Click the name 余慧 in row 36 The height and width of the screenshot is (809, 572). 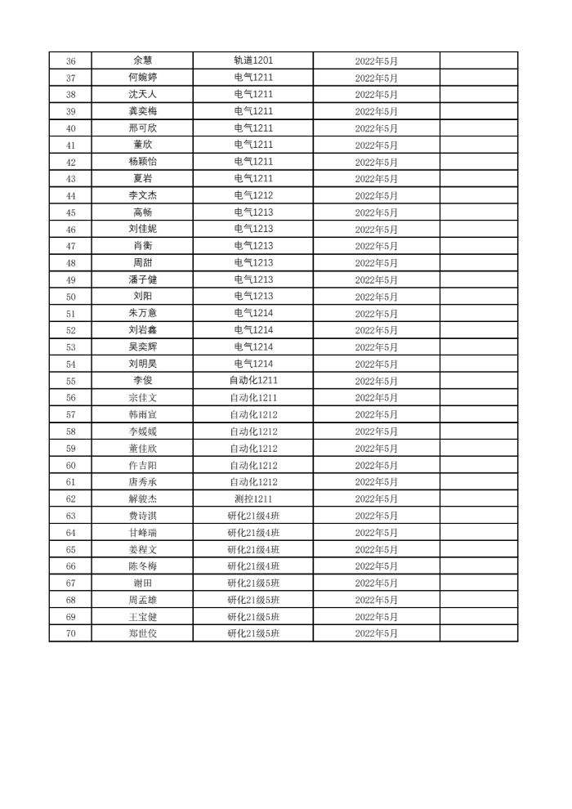click(x=142, y=60)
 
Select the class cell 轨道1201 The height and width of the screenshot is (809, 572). click(x=253, y=60)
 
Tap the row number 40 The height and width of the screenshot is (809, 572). click(x=70, y=128)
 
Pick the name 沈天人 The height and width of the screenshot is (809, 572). click(x=142, y=95)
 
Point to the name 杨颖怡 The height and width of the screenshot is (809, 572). click(x=142, y=162)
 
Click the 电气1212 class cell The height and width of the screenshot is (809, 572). click(x=253, y=195)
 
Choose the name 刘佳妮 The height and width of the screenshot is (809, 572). click(x=142, y=229)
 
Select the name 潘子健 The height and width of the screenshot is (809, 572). click(x=142, y=279)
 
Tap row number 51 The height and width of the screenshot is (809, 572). click(x=70, y=313)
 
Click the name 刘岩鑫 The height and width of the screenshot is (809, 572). click(x=142, y=330)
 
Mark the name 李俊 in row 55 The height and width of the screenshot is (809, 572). click(x=142, y=381)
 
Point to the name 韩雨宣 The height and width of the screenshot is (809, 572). click(x=142, y=414)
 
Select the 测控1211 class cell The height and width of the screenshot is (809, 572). click(x=253, y=498)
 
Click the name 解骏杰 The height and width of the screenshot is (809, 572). click(x=142, y=498)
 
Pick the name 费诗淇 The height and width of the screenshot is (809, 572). click(x=142, y=516)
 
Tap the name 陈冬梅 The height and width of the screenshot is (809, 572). click(x=142, y=566)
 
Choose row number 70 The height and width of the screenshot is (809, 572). click(x=70, y=633)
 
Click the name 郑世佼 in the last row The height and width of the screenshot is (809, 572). click(x=142, y=633)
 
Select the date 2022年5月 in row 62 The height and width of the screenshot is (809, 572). click(x=376, y=498)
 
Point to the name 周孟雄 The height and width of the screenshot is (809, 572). click(x=142, y=600)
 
